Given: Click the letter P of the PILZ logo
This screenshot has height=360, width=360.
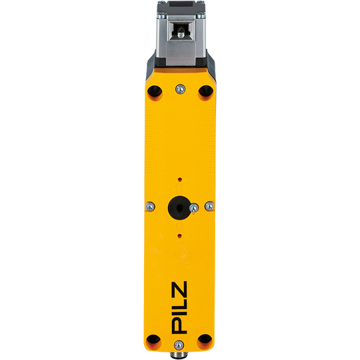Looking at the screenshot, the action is [179, 324].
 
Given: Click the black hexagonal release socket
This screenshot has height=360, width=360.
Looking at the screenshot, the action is [179, 208].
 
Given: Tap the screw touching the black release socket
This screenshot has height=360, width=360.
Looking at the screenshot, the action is [194, 208].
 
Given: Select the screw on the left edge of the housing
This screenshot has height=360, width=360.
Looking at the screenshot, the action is [150, 206].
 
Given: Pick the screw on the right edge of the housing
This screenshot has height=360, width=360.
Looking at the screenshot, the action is [210, 206].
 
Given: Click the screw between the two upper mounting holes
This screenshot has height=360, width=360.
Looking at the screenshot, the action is [180, 89].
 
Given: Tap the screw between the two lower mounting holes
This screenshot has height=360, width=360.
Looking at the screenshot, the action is [179, 345].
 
